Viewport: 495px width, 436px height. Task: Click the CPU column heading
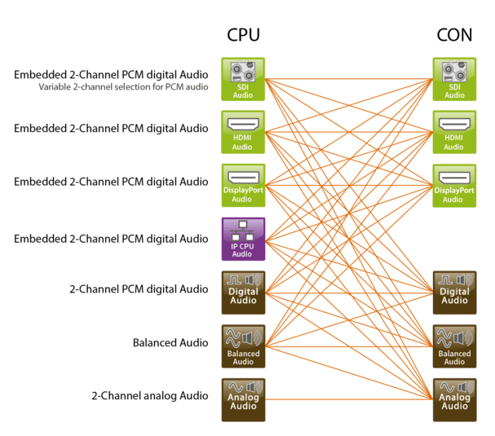pyautogui.click(x=242, y=35)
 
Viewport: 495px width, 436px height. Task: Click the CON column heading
pyautogui.click(x=453, y=35)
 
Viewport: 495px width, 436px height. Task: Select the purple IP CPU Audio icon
pyautogui.click(x=243, y=239)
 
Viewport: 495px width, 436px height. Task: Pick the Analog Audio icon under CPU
pyautogui.click(x=243, y=399)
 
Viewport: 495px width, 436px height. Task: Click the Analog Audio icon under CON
pyautogui.click(x=454, y=399)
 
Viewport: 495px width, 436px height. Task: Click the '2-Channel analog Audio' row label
pyautogui.click(x=150, y=396)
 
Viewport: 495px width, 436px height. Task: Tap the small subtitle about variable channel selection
pyautogui.click(x=123, y=86)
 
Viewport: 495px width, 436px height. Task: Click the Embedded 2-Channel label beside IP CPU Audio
pyautogui.click(x=111, y=238)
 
